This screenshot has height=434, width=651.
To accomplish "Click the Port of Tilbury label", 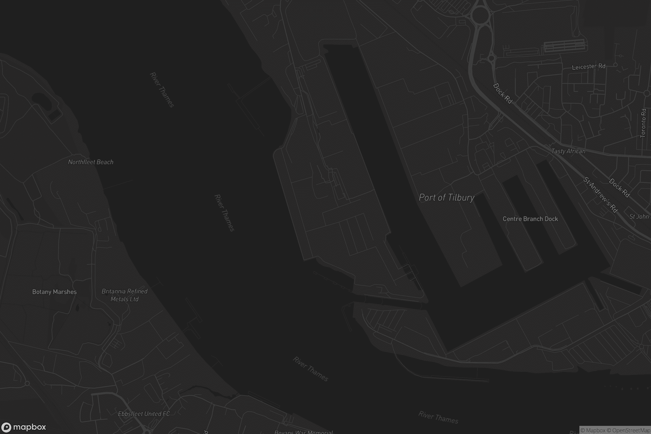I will pos(446,197).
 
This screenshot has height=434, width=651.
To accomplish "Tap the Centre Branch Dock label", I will pos(530,219).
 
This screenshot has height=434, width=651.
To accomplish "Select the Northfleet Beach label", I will pos(91,162).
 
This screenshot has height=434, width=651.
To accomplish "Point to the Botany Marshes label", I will pos(55,292).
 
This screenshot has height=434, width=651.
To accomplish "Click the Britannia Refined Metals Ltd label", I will pos(125,295).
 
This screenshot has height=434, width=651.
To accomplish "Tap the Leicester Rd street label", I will pos(589,67).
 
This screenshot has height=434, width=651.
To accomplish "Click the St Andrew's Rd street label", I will pos(600,194).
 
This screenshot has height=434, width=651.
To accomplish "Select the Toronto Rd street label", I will pos(643,123).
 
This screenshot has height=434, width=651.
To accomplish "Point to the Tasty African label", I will pos(568,151).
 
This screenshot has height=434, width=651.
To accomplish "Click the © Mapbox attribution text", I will pos(593,430).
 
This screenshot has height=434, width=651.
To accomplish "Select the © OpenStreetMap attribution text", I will pos(631,430).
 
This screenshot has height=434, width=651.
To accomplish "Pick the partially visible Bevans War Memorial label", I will pos(303,432).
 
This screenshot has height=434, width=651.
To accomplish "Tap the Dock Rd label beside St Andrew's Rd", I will pos(620,188).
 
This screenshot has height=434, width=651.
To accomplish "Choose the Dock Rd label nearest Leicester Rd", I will pos(502,93).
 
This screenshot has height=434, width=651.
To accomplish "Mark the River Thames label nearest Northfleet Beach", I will pos(162,90).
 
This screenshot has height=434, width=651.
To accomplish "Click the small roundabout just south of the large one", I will pos(491,58).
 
